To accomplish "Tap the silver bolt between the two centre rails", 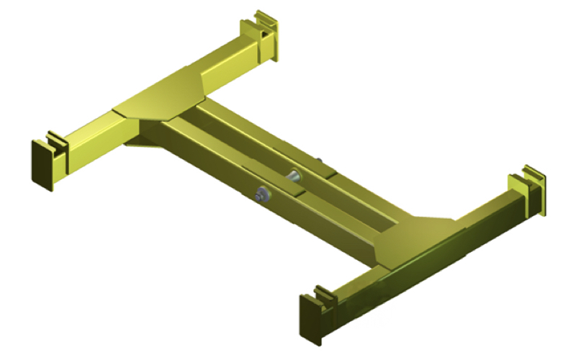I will pos(294,174).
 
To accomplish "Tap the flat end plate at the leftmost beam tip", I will pos(42,165).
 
